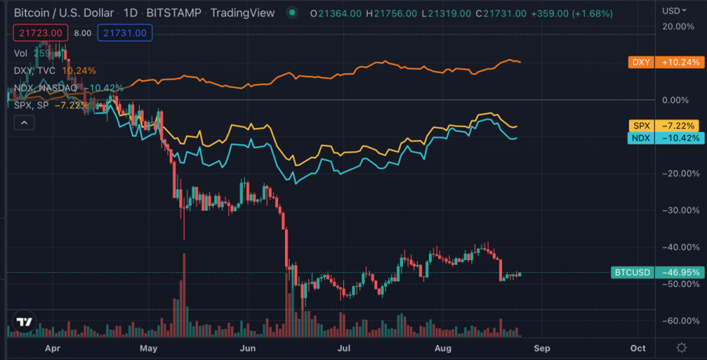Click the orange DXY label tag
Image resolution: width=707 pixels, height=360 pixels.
coord(657,62)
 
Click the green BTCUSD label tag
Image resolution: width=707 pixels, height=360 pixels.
coord(657,273)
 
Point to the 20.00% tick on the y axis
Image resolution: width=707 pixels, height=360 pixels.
coord(679,26)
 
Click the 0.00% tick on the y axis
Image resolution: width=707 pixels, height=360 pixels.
coord(680,100)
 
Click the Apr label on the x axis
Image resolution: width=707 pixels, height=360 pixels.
coord(53,347)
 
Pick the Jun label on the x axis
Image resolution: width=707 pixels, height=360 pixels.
coord(248,347)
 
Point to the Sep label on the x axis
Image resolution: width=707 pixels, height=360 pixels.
coord(542,347)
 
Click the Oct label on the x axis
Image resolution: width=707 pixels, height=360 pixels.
coord(638,347)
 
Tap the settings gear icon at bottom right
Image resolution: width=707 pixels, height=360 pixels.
coord(681,347)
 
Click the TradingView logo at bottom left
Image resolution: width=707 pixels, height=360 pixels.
coord(24,322)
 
